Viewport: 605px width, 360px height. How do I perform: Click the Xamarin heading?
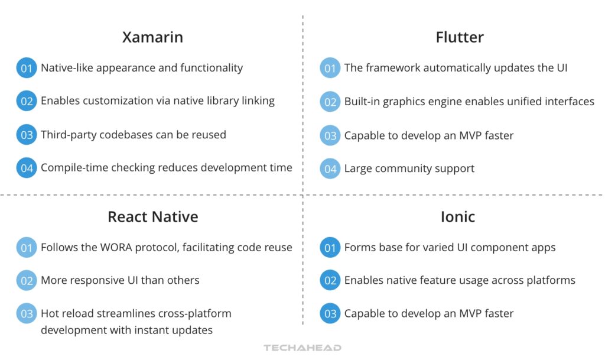pyautogui.click(x=152, y=37)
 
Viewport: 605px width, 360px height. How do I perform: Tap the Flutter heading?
pyautogui.click(x=460, y=37)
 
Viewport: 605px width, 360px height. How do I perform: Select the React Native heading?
pyautogui.click(x=152, y=217)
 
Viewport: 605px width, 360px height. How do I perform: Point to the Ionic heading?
pyautogui.click(x=457, y=217)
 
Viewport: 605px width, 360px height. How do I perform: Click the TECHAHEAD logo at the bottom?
pyautogui.click(x=302, y=348)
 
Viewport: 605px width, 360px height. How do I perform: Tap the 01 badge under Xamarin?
pyautogui.click(x=27, y=68)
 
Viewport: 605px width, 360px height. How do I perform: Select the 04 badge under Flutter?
pyautogui.click(x=330, y=169)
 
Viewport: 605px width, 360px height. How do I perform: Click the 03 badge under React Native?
pyautogui.click(x=27, y=314)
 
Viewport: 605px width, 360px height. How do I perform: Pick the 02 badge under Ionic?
pyautogui.click(x=330, y=281)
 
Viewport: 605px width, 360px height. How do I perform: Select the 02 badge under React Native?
pyautogui.click(x=27, y=281)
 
